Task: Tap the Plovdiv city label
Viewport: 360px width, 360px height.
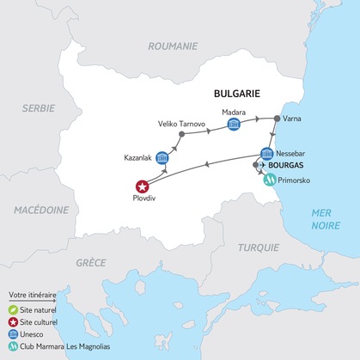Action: pyautogui.click(x=143, y=204)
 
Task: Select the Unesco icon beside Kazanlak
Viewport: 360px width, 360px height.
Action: pyautogui.click(x=162, y=158)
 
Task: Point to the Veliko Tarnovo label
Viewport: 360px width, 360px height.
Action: pyautogui.click(x=180, y=124)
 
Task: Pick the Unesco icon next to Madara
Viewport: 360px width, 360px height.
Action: pyautogui.click(x=233, y=125)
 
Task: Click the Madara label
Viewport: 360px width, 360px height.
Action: pyautogui.click(x=234, y=111)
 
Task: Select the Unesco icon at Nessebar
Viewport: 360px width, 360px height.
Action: pyautogui.click(x=267, y=154)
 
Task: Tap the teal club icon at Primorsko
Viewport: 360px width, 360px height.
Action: pyautogui.click(x=271, y=180)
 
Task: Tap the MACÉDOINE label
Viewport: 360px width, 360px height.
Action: pyautogui.click(x=40, y=209)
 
